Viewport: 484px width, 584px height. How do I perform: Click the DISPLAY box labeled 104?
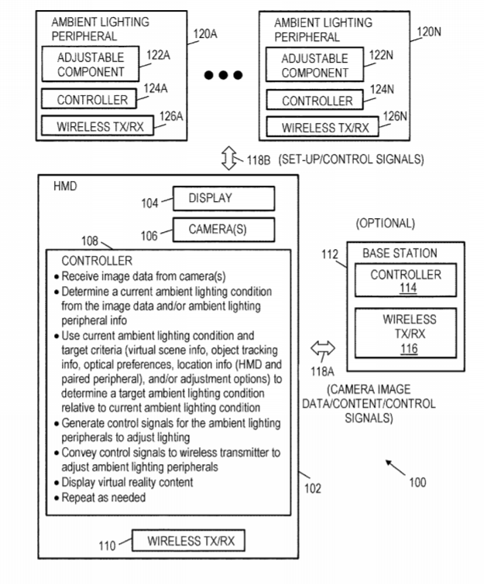point(224,199)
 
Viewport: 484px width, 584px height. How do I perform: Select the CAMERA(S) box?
point(224,230)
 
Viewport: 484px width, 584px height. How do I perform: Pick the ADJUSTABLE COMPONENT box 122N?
point(314,66)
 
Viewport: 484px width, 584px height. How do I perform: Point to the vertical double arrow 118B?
point(228,161)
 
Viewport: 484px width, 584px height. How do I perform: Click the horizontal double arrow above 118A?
point(321,349)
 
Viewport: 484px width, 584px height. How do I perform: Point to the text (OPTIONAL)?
point(386,224)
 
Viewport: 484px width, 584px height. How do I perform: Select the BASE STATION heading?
point(400,253)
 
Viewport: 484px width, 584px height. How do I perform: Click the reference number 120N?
point(430,32)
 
